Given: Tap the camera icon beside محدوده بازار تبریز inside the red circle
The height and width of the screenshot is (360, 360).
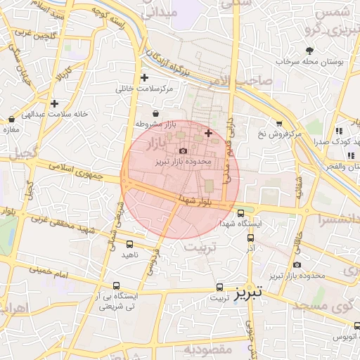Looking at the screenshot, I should point(184,150).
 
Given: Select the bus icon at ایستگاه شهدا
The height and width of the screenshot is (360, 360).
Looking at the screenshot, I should point(241,213).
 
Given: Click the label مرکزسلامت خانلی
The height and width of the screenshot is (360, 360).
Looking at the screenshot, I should point(143,89).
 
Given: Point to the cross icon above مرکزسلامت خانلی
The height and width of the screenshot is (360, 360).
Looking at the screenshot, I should point(144,77).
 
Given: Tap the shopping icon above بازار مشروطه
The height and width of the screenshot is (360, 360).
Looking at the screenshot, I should point(155,112).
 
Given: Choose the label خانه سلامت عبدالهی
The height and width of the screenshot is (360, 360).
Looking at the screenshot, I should point(54,114).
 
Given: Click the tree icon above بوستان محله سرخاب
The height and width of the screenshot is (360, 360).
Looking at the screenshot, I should point(310,50).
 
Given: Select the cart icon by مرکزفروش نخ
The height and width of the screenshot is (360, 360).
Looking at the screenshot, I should point(279,123).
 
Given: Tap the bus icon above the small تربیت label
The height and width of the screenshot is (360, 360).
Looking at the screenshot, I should point(220,287).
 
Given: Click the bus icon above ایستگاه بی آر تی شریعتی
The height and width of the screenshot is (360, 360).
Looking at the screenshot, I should point(116,286).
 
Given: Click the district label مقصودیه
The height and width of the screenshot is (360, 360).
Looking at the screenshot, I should point(208,349).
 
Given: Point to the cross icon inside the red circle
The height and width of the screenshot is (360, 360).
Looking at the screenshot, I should point(208,133).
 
